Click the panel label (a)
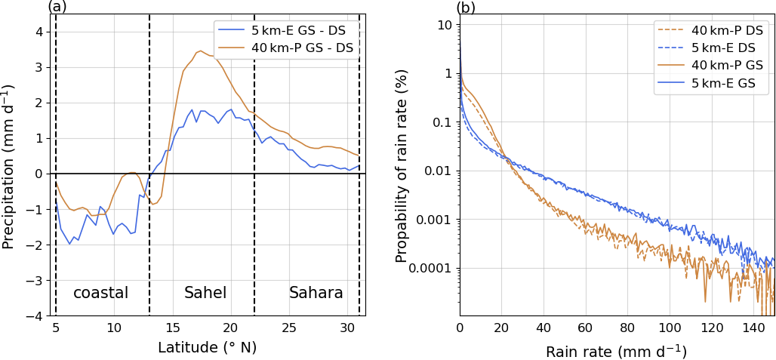[x=58, y=7]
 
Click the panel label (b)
[x=467, y=7]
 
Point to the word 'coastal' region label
[x=100, y=293]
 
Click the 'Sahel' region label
[x=205, y=293]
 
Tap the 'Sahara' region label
[x=316, y=293]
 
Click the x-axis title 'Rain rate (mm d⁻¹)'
[x=617, y=351]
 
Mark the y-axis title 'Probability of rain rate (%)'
[x=402, y=166]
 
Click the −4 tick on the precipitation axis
[x=38, y=316]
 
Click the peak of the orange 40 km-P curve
[x=200, y=51]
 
